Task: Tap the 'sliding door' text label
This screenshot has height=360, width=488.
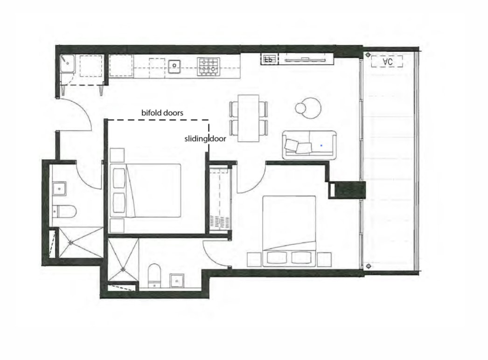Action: [205, 138]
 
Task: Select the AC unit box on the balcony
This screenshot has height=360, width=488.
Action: [387, 62]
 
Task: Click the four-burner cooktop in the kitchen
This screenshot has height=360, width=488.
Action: [208, 66]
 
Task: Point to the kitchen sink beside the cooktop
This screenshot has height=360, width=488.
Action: [175, 66]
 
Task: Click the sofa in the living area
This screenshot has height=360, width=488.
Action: [309, 145]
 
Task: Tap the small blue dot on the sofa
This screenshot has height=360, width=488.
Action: [321, 145]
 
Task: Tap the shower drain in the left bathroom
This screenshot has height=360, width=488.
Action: [71, 242]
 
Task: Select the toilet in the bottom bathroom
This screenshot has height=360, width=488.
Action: [153, 275]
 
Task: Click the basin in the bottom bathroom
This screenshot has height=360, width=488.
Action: [176, 280]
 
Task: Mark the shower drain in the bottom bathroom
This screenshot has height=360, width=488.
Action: [123, 268]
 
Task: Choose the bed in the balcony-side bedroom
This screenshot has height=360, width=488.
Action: [289, 230]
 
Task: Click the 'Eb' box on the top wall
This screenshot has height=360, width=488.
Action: [269, 59]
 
